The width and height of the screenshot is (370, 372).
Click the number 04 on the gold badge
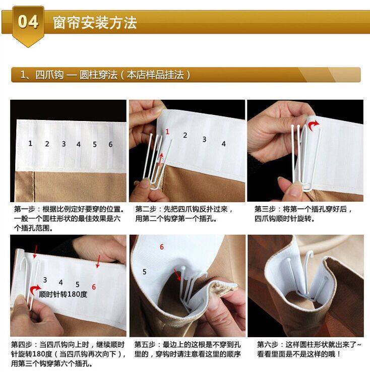click(x=28, y=22)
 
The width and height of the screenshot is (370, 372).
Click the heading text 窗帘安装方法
click(x=95, y=23)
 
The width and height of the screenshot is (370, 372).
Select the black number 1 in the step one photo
click(x=30, y=143)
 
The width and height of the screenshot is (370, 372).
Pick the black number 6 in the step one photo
click(x=110, y=144)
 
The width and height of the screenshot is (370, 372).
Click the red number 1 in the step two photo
click(x=167, y=132)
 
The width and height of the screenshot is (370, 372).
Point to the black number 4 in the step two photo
click(x=223, y=144)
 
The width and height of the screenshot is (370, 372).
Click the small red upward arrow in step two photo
click(x=161, y=159)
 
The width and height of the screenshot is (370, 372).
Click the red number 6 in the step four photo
click(x=94, y=287)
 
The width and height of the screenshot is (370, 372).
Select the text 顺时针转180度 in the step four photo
click(x=63, y=294)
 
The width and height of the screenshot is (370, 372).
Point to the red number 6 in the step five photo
click(x=162, y=246)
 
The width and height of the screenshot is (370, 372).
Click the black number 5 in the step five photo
click(x=145, y=272)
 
